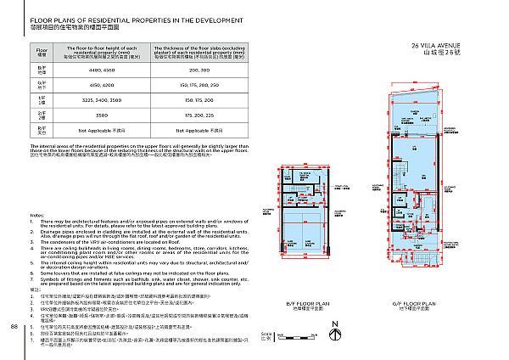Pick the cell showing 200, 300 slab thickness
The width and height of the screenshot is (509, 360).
(199, 72)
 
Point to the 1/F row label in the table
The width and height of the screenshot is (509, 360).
(42, 100)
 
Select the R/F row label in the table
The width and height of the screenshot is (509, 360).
(42, 131)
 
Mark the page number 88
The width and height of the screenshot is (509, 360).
(14, 326)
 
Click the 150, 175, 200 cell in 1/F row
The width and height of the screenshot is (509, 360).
(199, 99)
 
